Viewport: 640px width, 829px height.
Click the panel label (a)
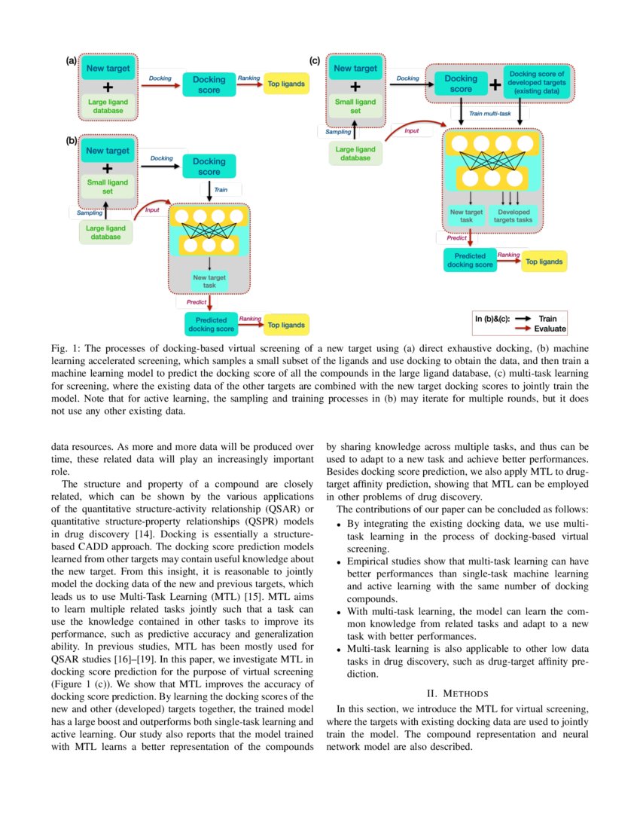click(72, 62)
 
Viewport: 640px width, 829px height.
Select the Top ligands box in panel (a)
click(286, 84)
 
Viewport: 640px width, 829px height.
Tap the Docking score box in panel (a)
click(209, 84)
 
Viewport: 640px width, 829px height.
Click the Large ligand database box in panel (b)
click(106, 232)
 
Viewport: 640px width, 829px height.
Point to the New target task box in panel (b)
click(209, 281)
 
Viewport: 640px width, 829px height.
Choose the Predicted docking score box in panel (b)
click(211, 324)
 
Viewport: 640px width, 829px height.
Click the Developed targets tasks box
click(514, 216)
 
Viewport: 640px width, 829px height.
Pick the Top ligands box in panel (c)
click(544, 262)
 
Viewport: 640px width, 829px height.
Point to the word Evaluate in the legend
click(550, 329)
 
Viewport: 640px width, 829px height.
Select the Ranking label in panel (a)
click(248, 78)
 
